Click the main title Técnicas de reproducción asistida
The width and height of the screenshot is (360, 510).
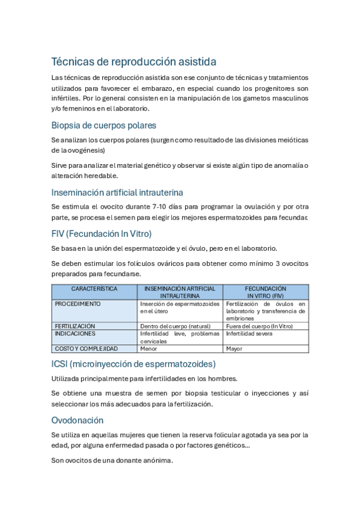pos(133,62)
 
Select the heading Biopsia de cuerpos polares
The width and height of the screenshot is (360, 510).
pos(103,126)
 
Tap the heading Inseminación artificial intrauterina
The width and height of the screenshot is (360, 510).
pos(117,192)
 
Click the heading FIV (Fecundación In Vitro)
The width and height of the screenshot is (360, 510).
pos(101,233)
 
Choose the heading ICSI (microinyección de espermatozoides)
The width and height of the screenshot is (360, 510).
pos(133,364)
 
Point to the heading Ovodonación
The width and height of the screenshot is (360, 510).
pos(78,420)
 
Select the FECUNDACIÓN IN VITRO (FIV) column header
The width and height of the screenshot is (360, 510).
pos(266,292)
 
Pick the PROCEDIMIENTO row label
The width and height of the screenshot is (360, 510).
pos(78,304)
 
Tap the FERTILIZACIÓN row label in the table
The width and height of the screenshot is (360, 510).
pos(75,326)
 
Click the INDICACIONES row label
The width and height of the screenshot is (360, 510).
pos(75,333)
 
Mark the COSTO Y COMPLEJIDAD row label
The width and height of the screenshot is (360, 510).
pos(87,348)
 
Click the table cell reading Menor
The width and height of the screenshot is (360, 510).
pos(148,348)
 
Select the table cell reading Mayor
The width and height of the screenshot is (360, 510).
pos(234,348)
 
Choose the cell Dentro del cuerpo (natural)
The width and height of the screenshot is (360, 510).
pos(175,326)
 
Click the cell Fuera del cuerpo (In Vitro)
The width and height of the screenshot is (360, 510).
pos(259,326)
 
